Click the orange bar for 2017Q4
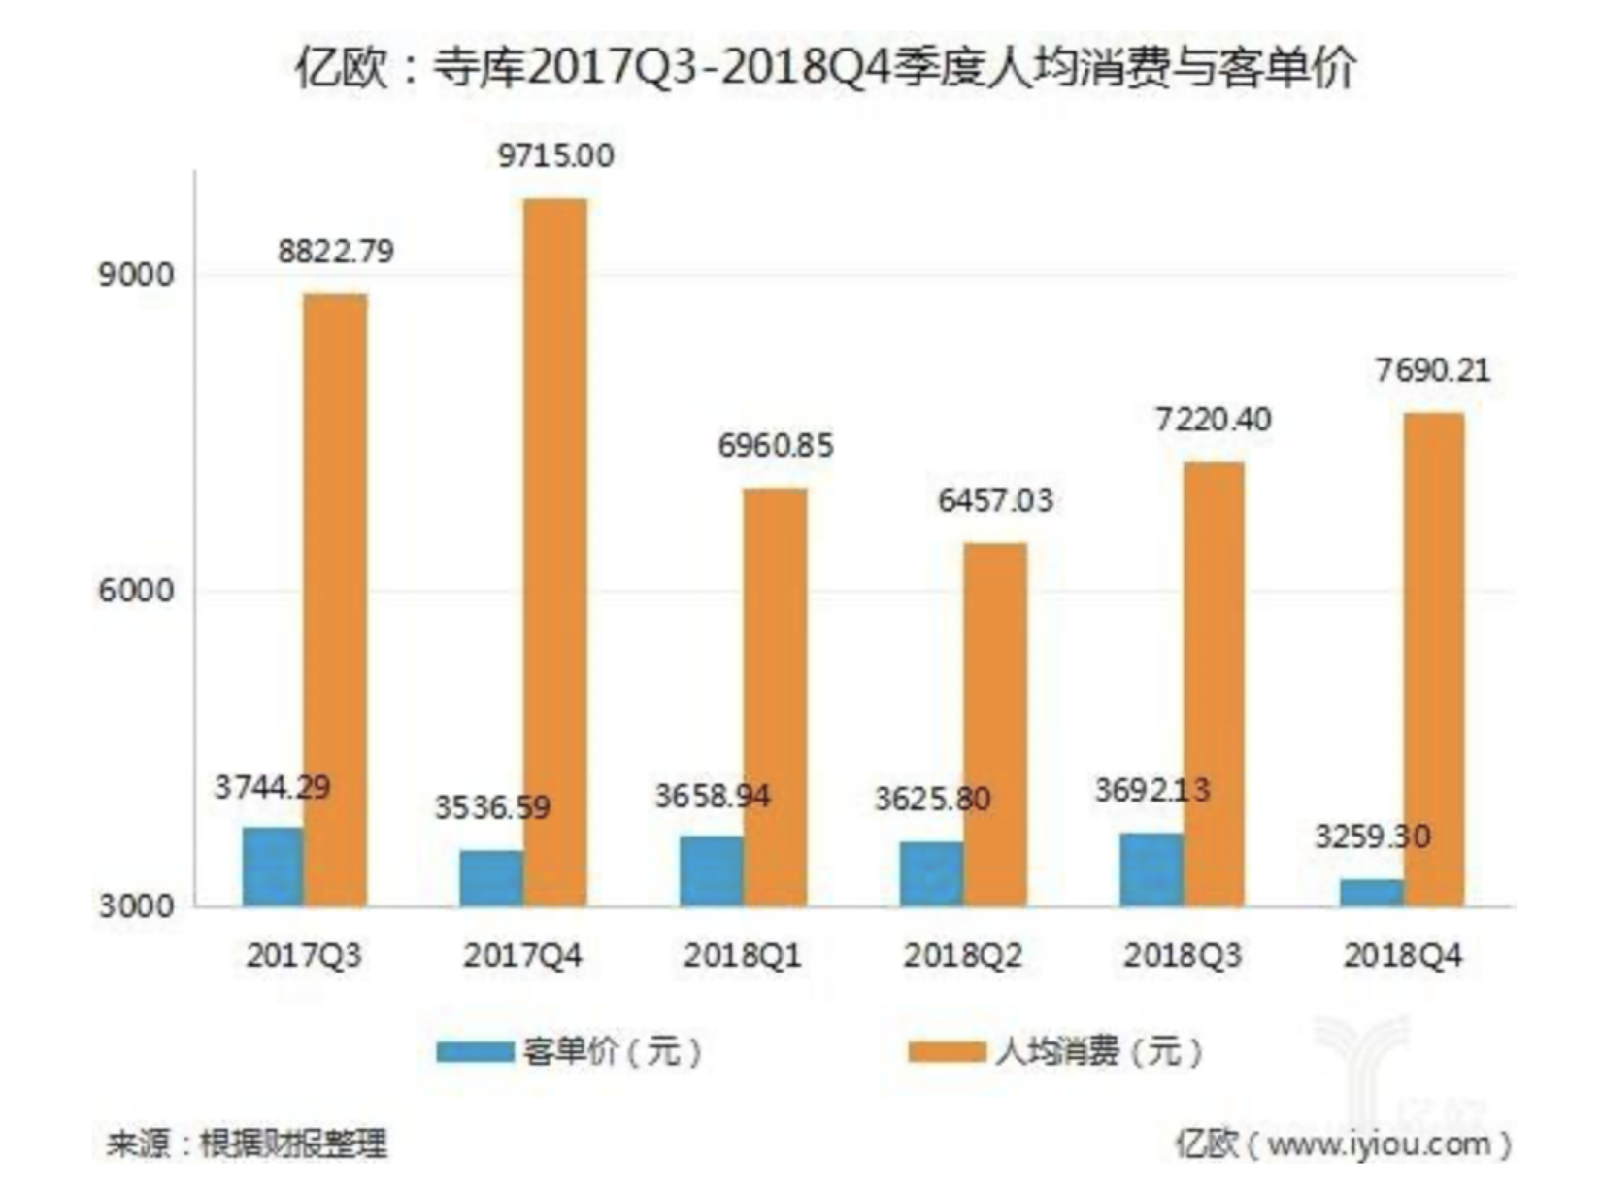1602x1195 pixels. tap(555, 554)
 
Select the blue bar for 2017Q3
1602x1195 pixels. tap(272, 868)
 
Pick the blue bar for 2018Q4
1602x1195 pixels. tap(1372, 893)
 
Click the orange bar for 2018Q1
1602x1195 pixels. tap(775, 698)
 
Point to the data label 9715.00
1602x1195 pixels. tap(555, 155)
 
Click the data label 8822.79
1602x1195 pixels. tap(336, 252)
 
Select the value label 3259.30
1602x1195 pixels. tap(1372, 836)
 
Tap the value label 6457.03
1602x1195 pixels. tap(995, 500)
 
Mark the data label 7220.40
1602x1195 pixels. tap(1213, 420)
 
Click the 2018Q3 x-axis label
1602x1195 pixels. tap(1182, 956)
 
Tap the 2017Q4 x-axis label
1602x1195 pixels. tap(522, 956)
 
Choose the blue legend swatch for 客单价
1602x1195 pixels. tap(475, 1052)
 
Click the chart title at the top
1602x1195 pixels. tap(825, 68)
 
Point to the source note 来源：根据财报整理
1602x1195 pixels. tap(247, 1143)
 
